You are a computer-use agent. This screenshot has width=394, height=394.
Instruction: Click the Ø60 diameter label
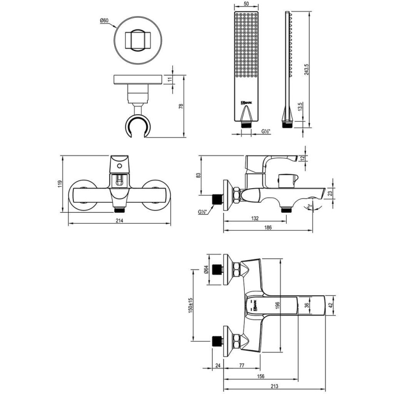(x=104, y=21)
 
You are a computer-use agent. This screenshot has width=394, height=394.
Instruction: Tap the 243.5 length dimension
(x=306, y=69)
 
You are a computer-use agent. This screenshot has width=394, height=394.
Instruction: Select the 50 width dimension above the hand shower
(x=246, y=4)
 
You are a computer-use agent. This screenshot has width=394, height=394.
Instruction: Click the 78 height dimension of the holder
(x=181, y=106)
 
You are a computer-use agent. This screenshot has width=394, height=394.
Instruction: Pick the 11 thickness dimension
(x=170, y=80)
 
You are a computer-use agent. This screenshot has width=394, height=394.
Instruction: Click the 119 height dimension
(x=60, y=184)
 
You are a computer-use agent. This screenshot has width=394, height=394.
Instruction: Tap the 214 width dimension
(x=119, y=221)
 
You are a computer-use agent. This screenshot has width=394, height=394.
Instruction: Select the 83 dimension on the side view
(x=198, y=175)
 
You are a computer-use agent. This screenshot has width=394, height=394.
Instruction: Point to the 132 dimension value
(x=255, y=218)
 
